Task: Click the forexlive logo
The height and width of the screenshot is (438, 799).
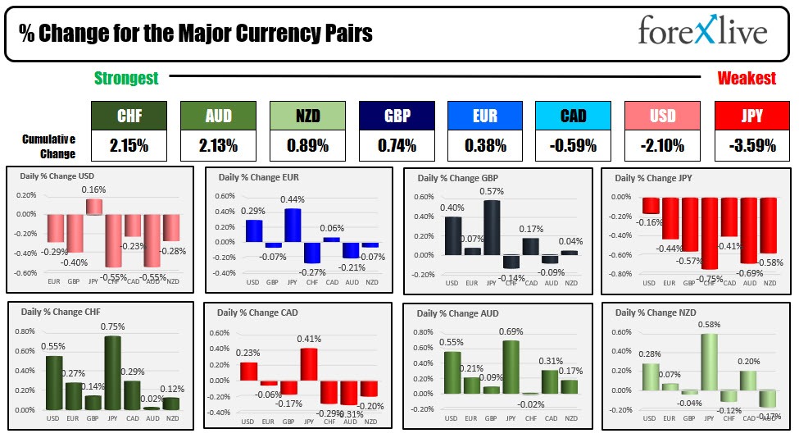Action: [702, 32]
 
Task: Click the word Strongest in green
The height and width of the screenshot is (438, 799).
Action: [126, 79]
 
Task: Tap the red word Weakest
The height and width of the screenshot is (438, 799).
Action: [747, 79]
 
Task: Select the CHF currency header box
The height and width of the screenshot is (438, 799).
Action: [129, 116]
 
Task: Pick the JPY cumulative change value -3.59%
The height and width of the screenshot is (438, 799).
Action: [752, 146]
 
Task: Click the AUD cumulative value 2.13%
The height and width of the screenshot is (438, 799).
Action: [217, 146]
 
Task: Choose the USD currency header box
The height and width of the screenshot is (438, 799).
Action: [663, 116]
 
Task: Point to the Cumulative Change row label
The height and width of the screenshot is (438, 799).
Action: [48, 146]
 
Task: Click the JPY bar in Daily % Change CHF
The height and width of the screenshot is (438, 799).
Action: [112, 372]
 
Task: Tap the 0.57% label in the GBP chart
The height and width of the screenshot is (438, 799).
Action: [492, 192]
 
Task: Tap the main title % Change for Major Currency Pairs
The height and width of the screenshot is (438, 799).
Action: [196, 33]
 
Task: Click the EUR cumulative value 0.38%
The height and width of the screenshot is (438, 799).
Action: [484, 146]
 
